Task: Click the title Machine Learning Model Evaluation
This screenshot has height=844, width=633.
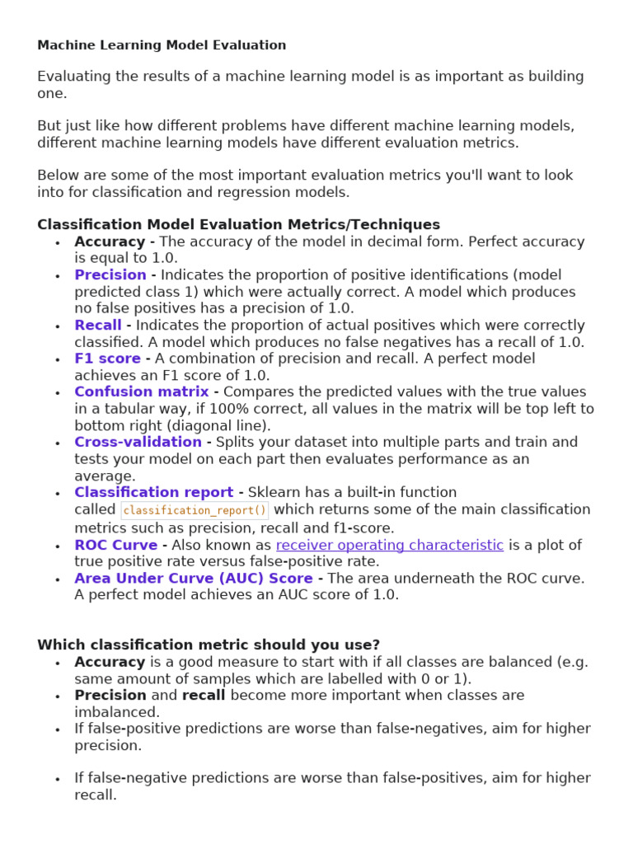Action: (162, 45)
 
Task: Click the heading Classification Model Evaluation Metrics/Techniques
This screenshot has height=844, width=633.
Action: (238, 224)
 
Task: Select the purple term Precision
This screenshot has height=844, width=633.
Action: (110, 274)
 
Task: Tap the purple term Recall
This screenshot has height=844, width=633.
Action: (97, 325)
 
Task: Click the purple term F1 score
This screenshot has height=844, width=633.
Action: (107, 359)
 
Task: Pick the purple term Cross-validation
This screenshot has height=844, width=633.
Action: (138, 442)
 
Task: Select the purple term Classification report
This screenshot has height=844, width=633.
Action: (153, 492)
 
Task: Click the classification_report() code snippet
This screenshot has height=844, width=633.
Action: (195, 510)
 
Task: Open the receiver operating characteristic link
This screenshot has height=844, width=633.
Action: (389, 545)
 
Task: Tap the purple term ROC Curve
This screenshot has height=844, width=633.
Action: (115, 545)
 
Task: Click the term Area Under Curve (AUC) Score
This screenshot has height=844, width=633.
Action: (193, 578)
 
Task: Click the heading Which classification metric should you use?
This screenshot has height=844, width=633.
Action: (209, 645)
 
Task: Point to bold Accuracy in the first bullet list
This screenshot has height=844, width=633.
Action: (110, 241)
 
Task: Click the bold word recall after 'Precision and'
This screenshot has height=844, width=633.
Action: (204, 695)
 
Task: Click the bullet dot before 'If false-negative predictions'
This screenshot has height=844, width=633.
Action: (57, 779)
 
